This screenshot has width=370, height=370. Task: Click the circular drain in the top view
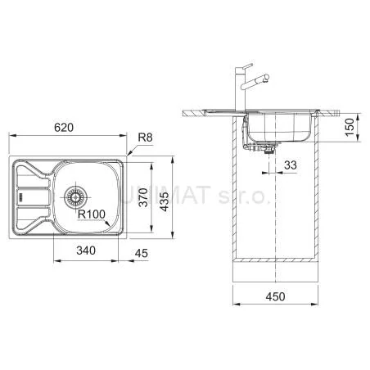point(75,197)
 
